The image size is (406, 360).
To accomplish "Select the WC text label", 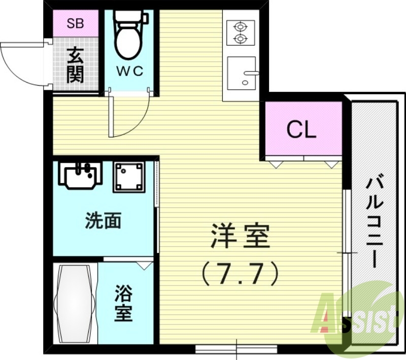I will coord(130,71).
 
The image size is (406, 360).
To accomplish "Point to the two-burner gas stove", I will coord(239,32).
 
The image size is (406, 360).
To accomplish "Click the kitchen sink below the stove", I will coord(242,73).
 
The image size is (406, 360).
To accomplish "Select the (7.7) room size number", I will coord(240,274).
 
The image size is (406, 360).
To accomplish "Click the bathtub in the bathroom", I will coord(75,304).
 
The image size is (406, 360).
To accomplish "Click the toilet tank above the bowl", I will coord(130,18).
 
